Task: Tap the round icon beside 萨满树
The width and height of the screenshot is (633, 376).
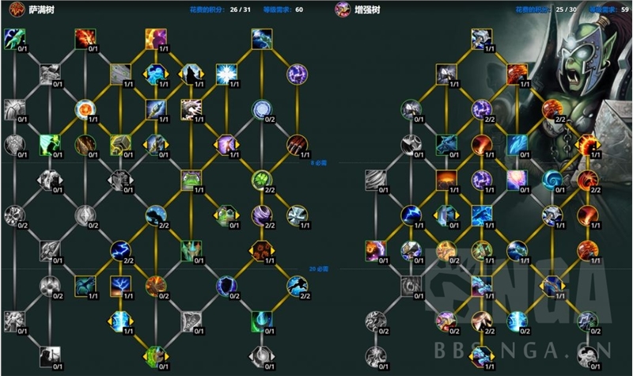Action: (x=14, y=10)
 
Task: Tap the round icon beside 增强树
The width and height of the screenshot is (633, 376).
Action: (x=343, y=10)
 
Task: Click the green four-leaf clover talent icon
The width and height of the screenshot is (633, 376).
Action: (x=262, y=180)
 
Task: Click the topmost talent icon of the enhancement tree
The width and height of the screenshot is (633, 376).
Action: (x=481, y=39)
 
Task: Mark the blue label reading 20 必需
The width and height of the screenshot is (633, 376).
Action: (x=318, y=270)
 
